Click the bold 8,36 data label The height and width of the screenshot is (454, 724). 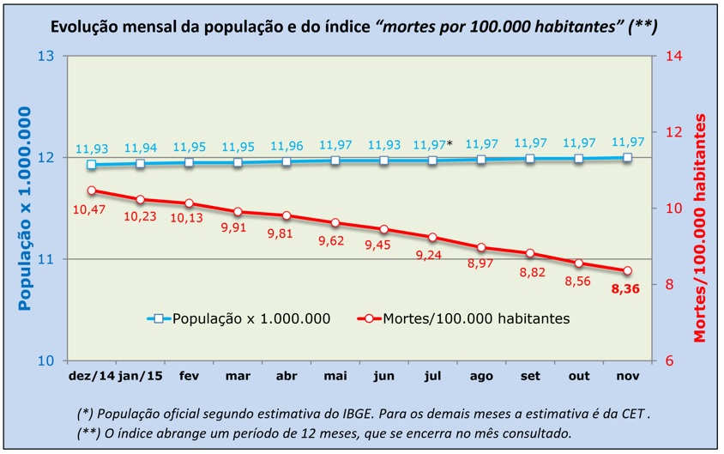tap(627, 290)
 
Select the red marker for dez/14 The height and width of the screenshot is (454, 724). tap(91, 191)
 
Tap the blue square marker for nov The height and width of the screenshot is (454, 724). tap(627, 158)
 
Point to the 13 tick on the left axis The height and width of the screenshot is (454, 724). tap(45, 57)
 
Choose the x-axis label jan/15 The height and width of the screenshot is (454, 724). tap(140, 376)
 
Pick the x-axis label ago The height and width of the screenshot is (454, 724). tap(480, 376)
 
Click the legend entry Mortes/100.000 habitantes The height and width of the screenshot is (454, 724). tap(464, 318)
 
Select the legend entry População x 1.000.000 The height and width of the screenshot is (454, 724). tap(251, 318)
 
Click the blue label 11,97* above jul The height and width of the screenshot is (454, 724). tap(432, 144)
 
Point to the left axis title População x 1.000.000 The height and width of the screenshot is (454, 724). tap(26, 208)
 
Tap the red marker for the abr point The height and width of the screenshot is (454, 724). tap(287, 215)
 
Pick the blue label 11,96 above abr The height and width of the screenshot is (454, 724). tap(287, 144)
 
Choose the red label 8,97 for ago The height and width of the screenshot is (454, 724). tap(482, 263)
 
